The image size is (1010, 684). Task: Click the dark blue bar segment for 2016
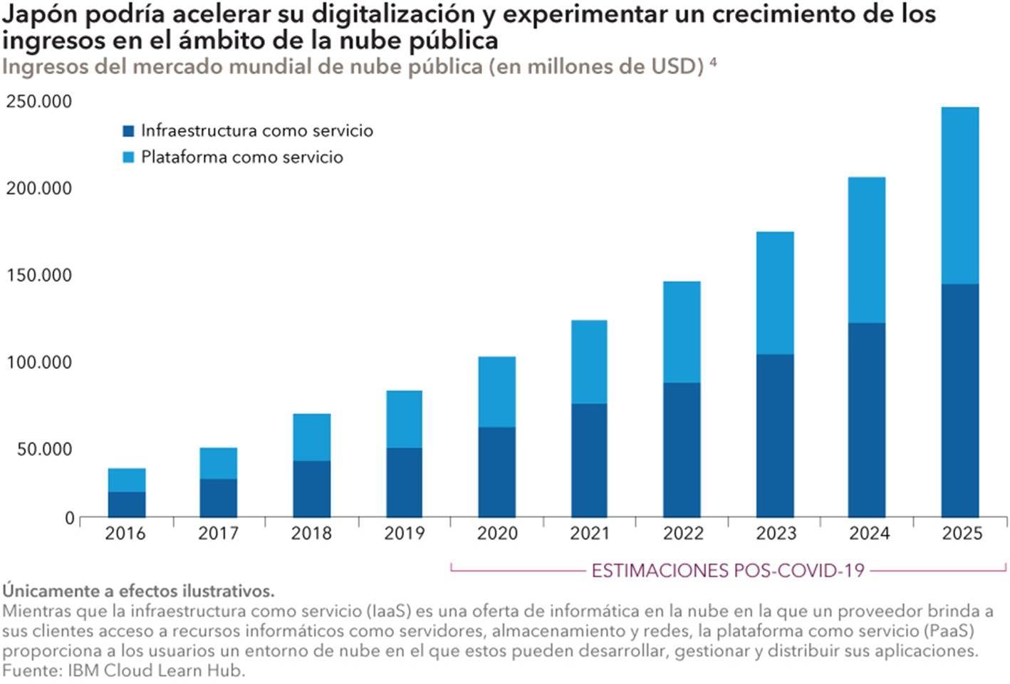coord(127,504)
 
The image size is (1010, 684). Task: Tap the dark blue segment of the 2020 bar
coord(497,472)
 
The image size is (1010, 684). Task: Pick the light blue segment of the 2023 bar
coord(775,293)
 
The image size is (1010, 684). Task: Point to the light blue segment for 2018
coord(312,437)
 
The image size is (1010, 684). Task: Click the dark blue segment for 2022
coord(682,450)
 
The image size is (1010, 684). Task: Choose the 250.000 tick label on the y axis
coord(39,102)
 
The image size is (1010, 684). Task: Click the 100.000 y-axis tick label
coord(39,363)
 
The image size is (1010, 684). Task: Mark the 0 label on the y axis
coord(70,518)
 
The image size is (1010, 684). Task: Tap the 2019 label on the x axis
coord(404,534)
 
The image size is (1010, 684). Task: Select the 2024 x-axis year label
coord(869,534)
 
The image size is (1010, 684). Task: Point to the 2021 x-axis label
coord(590,534)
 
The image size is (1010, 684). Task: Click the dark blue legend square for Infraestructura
coord(128,131)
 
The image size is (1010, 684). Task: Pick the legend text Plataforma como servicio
coord(242,157)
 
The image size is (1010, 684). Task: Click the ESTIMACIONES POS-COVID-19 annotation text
coord(728,571)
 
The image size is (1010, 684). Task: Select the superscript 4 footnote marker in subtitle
coord(713,63)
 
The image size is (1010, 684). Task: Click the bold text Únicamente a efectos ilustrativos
coord(138,591)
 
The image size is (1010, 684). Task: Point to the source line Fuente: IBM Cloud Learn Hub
coord(123,671)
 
